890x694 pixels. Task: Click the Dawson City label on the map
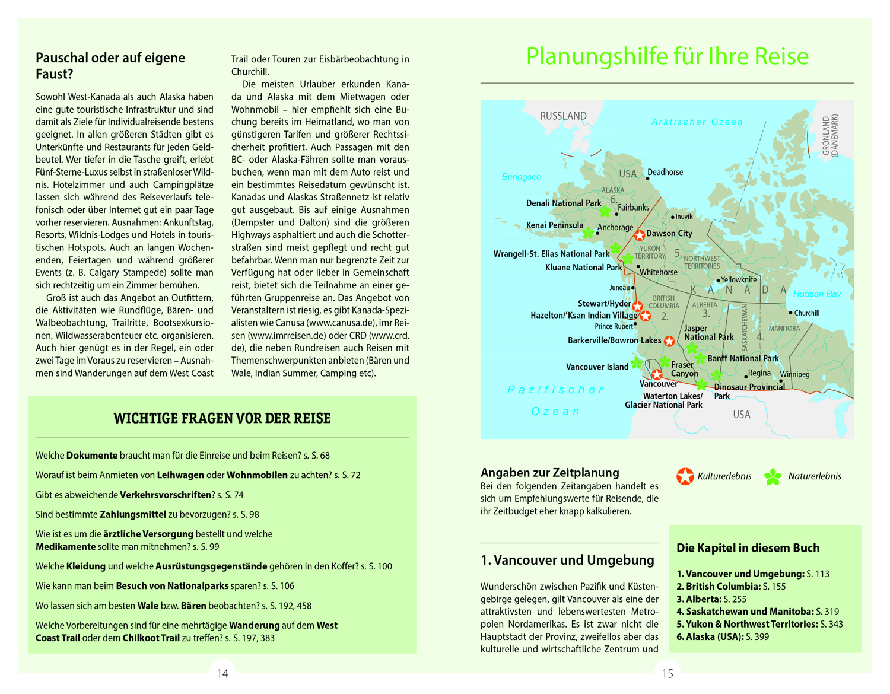(669, 233)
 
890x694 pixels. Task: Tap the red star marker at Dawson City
(640, 235)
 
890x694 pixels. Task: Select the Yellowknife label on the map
(739, 279)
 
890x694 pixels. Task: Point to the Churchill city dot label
(806, 313)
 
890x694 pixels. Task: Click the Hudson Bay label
(817, 294)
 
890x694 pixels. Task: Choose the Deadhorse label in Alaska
(665, 172)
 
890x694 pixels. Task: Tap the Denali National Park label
(564, 203)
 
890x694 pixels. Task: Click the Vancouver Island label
(597, 367)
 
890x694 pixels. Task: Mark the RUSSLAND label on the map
(563, 116)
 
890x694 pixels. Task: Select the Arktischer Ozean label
(697, 122)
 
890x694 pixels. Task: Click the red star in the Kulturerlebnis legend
(685, 476)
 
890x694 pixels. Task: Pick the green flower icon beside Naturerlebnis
(773, 476)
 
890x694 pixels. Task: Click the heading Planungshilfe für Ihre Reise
(667, 56)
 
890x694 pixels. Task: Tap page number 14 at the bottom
(223, 673)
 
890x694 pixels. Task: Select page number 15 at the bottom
(667, 673)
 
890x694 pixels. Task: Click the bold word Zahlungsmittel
(133, 514)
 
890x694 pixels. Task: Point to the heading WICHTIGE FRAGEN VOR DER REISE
(222, 418)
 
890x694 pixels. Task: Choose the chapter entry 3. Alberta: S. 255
(711, 599)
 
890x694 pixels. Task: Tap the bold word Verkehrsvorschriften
(166, 495)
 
